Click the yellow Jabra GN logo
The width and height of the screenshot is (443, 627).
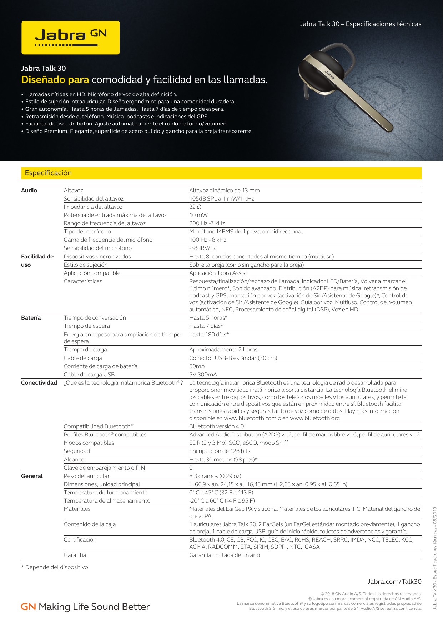70,38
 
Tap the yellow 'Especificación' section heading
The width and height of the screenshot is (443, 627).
48,173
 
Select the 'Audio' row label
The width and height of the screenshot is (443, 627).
29,191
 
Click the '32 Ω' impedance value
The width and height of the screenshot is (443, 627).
195,207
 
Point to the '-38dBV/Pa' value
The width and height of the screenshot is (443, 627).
203,248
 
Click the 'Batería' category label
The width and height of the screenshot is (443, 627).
31,318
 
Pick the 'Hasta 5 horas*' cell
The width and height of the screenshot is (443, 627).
208,318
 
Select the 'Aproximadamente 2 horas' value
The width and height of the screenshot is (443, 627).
223,350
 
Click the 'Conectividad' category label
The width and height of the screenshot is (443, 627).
39,383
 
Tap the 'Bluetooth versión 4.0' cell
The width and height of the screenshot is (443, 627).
216,426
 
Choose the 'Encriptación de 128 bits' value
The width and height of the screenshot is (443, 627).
220,451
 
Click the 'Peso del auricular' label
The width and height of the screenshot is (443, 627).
86,476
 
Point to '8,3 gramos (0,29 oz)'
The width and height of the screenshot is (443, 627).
215,476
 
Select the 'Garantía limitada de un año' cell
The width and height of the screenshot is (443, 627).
224,555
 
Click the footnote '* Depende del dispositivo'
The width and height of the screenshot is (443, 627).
55,567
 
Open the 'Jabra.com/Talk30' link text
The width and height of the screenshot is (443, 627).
394,582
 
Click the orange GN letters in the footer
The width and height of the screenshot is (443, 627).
28,607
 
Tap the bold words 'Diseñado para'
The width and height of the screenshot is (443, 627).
55,80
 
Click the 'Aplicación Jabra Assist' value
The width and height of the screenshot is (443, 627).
218,273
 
